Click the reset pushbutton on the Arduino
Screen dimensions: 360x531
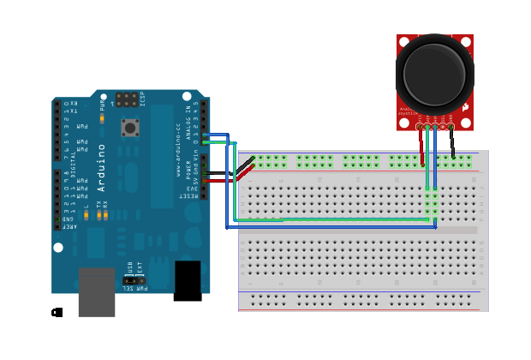point(130,129)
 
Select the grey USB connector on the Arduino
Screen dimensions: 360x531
point(96,292)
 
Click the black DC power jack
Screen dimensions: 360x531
point(188,280)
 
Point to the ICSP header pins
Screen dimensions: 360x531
point(126,99)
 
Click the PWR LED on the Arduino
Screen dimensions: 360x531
point(102,119)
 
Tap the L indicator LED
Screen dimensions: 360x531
point(87,214)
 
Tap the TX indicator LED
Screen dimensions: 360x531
point(98,214)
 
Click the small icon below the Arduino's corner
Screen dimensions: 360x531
point(57,312)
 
